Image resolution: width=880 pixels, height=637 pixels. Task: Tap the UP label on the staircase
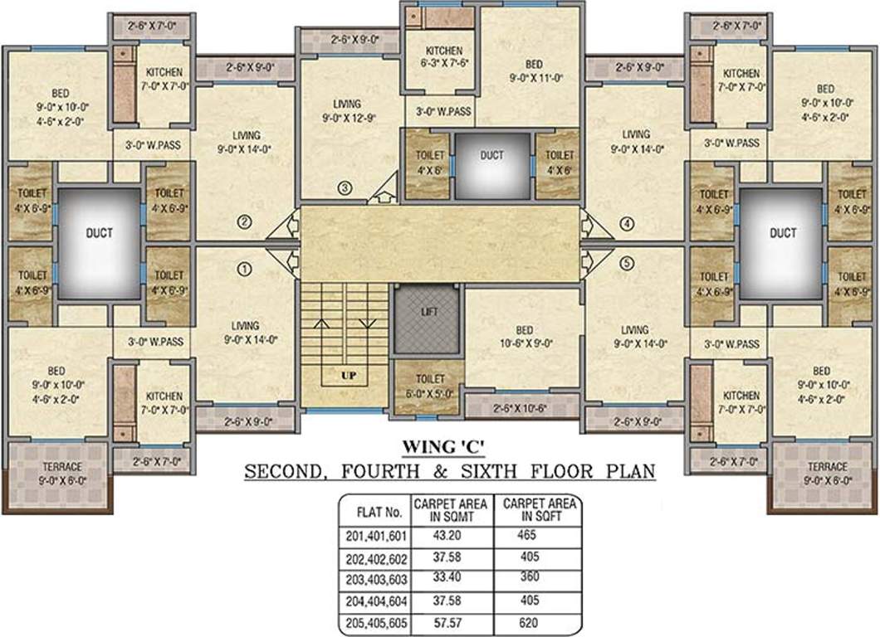pos(349,376)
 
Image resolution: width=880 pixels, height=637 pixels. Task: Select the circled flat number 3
pos(346,188)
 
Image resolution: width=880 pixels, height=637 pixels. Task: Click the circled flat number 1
pos(244,268)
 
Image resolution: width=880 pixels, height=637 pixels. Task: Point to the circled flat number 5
pos(626,263)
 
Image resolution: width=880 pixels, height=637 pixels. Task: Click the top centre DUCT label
pos(491,154)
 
